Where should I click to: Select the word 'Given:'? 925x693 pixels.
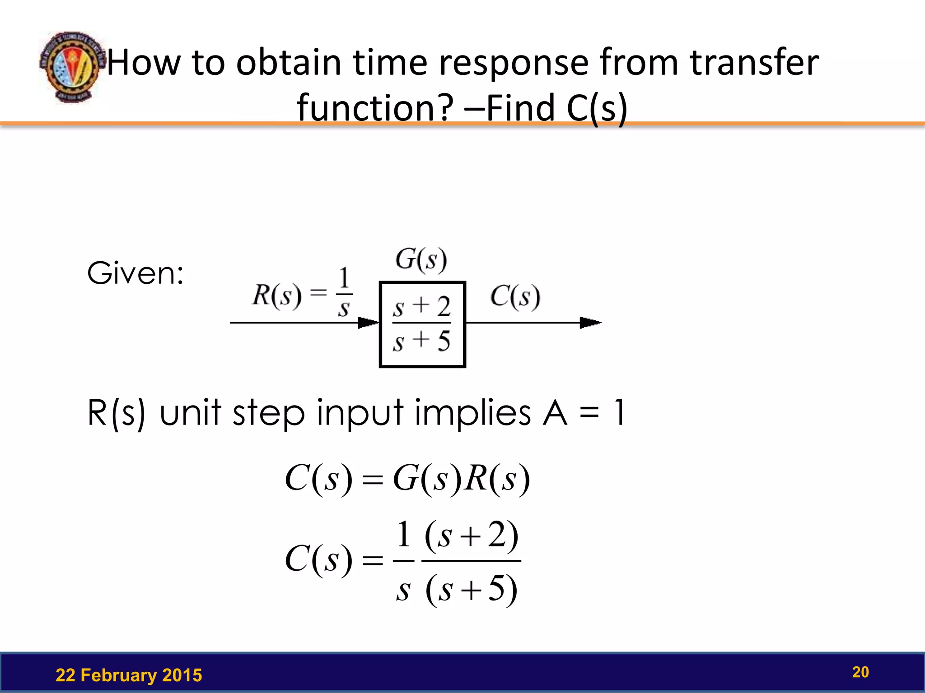click(135, 273)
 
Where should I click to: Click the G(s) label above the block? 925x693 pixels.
click(421, 260)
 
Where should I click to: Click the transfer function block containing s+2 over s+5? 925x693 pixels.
click(422, 324)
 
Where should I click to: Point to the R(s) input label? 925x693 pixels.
click(276, 296)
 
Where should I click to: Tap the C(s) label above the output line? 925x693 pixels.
click(515, 297)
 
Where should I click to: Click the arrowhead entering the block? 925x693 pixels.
click(368, 323)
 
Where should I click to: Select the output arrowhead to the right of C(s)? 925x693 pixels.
click(590, 323)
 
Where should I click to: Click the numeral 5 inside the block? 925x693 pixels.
click(444, 341)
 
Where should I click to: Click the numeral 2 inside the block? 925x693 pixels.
click(444, 307)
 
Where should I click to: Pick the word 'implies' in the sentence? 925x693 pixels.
click(472, 412)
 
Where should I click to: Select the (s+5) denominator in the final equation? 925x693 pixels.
click(471, 589)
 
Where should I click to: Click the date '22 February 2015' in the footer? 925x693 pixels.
click(129, 675)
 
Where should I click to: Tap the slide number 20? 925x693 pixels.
click(860, 672)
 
